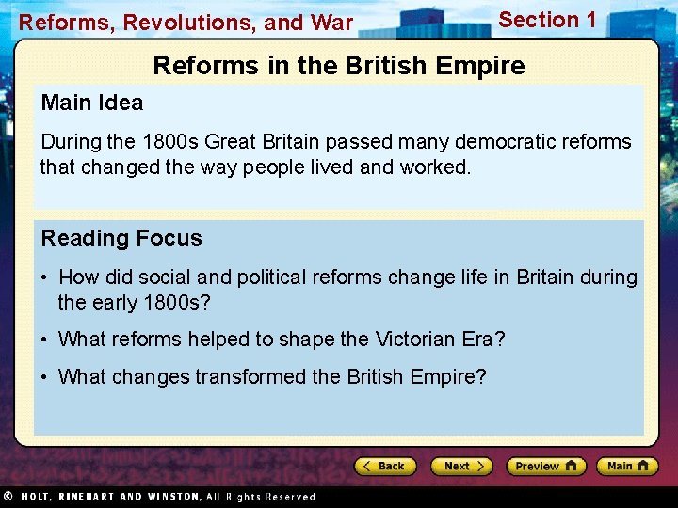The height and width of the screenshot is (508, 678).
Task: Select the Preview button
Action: pyautogui.click(x=545, y=466)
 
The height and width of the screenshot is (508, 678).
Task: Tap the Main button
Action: pyautogui.click(x=626, y=466)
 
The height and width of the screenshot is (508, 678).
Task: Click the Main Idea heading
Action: pyautogui.click(x=92, y=103)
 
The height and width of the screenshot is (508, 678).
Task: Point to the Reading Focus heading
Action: pyautogui.click(x=121, y=238)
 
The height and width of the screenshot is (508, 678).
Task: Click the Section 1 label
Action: pyautogui.click(x=547, y=20)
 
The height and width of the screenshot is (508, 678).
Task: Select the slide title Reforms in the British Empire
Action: pyautogui.click(x=339, y=66)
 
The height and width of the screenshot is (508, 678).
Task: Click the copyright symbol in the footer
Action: pyautogui.click(x=8, y=496)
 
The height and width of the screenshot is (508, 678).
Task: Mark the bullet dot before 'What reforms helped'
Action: pyautogui.click(x=45, y=340)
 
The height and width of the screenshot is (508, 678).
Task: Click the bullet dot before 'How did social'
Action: pyautogui.click(x=45, y=278)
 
